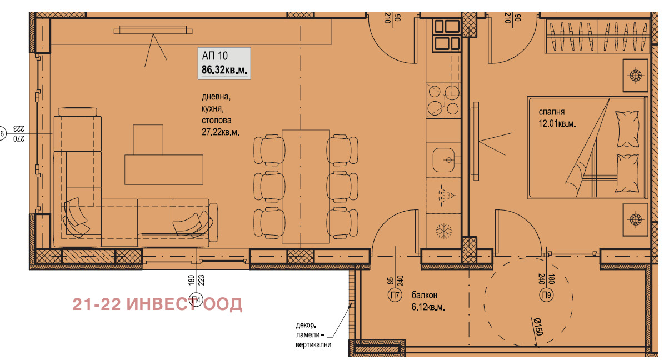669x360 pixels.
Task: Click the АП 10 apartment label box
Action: tap(224, 63)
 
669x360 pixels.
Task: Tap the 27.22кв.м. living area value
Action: tap(221, 132)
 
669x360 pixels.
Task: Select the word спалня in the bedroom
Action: tap(552, 112)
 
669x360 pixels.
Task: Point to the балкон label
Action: tap(425, 295)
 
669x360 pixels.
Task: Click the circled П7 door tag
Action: tap(395, 295)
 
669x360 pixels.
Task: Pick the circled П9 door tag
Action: tap(546, 295)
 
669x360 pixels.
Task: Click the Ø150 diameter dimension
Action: tap(538, 327)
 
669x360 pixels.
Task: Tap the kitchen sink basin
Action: tap(444, 159)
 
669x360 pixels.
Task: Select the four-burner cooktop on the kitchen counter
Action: tap(443, 101)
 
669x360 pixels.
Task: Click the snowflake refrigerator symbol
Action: tap(443, 231)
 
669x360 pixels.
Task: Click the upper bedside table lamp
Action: tap(635, 75)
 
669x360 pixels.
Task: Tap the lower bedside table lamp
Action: tap(635, 219)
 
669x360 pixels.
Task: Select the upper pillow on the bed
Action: tap(627, 129)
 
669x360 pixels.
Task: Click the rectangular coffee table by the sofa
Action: tap(164, 169)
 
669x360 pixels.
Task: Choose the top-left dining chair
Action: tap(269, 150)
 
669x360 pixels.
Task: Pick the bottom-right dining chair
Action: tap(342, 223)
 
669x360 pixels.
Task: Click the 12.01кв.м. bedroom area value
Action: tap(557, 123)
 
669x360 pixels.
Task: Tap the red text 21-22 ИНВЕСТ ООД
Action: tap(157, 304)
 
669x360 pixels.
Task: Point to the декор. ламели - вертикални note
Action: tap(313, 334)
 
